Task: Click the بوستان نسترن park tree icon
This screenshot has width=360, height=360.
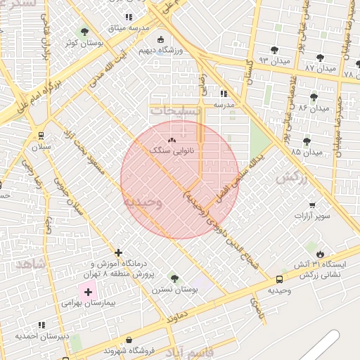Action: (x=174, y=279)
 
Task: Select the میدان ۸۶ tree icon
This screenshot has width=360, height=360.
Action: (x=314, y=97)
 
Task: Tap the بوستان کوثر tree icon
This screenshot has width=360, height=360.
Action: (x=84, y=32)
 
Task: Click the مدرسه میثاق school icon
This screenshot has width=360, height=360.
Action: (x=128, y=17)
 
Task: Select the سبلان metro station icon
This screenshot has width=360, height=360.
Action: (x=41, y=136)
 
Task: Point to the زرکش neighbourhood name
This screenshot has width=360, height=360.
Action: (x=292, y=178)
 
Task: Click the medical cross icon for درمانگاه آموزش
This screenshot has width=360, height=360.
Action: (x=118, y=252)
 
